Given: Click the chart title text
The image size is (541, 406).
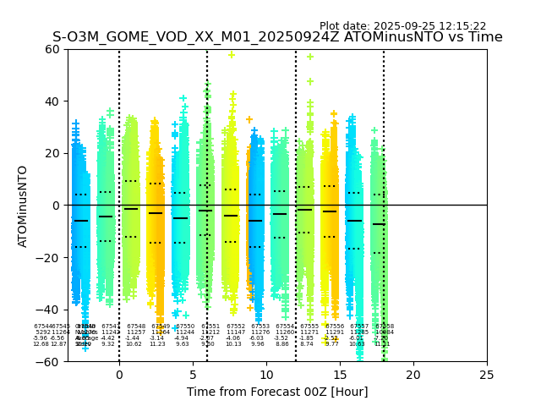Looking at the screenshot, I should point(277,37).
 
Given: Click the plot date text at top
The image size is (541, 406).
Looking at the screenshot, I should point(402,26).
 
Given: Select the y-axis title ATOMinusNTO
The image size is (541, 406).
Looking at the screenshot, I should point(24,206).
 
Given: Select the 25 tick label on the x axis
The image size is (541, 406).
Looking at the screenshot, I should point(487,375).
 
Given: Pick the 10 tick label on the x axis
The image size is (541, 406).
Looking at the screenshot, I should point(266,375).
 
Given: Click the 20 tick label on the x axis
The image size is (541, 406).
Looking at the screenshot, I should point(413,375).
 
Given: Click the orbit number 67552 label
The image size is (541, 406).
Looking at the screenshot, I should point(236,326).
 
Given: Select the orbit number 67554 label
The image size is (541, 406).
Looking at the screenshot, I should point(285,326).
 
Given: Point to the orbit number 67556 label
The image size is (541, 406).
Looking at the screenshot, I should point(335,326).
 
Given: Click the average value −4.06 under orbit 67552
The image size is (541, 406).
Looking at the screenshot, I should point(233,338).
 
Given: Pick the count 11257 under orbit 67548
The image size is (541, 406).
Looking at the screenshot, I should point(136,332).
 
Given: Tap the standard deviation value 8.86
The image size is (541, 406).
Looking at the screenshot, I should point(282,344).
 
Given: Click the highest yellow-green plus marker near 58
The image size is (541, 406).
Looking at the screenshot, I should point(232,55).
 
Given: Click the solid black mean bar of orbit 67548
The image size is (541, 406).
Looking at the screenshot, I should point(130,209).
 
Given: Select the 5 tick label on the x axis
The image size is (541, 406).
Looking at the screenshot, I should point(193,375).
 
